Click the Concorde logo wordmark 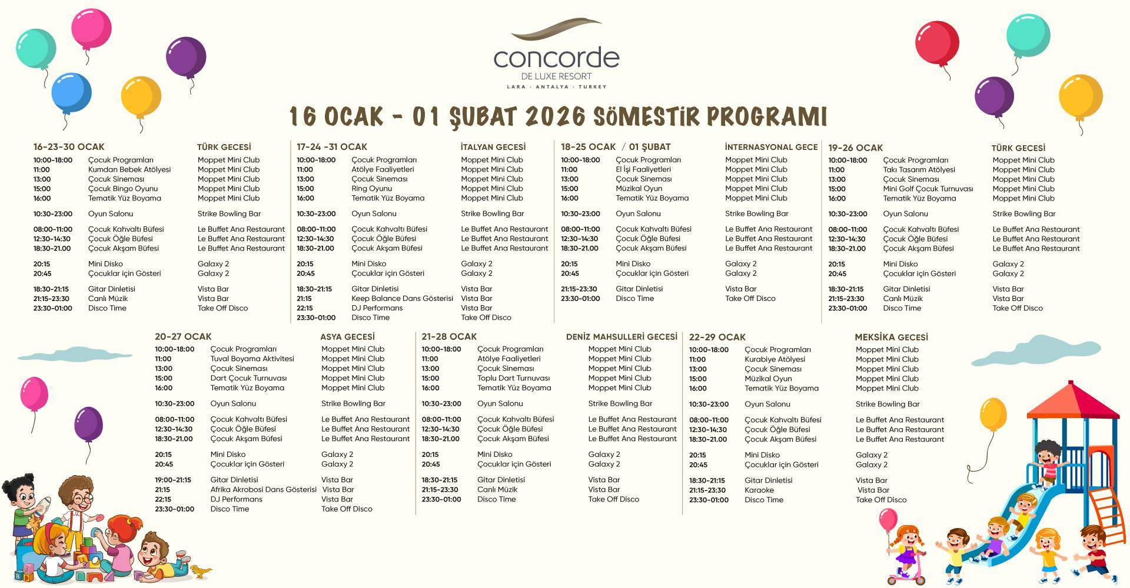(556, 58)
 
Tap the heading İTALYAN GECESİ (493, 147)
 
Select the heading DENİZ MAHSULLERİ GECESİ (621, 337)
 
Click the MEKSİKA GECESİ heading (891, 338)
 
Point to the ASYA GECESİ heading (347, 337)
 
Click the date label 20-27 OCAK (183, 337)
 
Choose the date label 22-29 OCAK (717, 338)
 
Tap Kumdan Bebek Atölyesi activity (129, 169)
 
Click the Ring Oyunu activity (371, 189)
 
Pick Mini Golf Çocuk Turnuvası (928, 189)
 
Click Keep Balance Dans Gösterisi (402, 299)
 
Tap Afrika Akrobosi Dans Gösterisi (263, 490)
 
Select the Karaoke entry (759, 490)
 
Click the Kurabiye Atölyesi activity (775, 359)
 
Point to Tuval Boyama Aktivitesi (252, 359)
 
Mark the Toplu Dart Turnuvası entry (513, 378)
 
